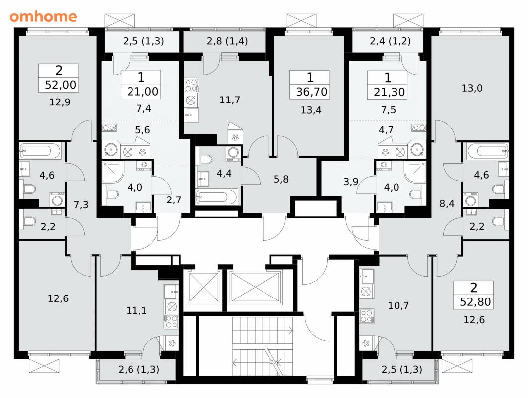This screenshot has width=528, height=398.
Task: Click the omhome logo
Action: pyautogui.click(x=43, y=16)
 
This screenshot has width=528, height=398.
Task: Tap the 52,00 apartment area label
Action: pyautogui.click(x=61, y=85)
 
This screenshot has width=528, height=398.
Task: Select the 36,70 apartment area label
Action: pyautogui.click(x=312, y=92)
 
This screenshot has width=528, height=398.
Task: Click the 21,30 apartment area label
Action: pyautogui.click(x=389, y=92)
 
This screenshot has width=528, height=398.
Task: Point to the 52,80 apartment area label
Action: pyautogui.click(x=475, y=302)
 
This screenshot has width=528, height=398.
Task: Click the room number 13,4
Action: pyautogui.click(x=311, y=110)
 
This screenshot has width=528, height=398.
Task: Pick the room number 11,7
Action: pyautogui.click(x=230, y=100)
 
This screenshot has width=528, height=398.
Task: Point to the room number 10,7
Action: pyautogui.click(x=398, y=305)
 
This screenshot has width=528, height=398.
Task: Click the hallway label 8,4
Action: pyautogui.click(x=447, y=203)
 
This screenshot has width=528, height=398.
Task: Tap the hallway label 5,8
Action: pyautogui.click(x=281, y=179)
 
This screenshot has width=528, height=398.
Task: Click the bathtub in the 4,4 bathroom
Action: pyautogui.click(x=217, y=197)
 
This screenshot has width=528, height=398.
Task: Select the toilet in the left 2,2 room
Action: pyautogui.click(x=29, y=221)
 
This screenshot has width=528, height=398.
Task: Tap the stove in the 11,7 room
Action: pyautogui.click(x=191, y=85)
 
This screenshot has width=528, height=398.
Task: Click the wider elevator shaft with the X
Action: pyautogui.click(x=255, y=287)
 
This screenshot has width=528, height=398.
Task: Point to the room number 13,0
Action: pyautogui.click(x=472, y=88)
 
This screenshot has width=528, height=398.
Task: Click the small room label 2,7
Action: pyautogui.click(x=174, y=200)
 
